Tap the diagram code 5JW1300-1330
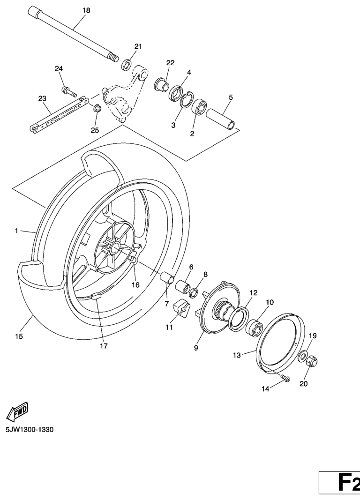[x=30, y=430]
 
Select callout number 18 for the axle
[x=86, y=10]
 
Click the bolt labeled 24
[x=69, y=91]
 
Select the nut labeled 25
[x=97, y=108]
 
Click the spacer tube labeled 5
[x=221, y=119]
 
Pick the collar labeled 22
[x=162, y=85]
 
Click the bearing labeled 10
[x=254, y=327]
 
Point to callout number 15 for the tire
[x=19, y=336]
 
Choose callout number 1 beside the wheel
[x=16, y=231]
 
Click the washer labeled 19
[x=303, y=356]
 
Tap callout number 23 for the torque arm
[x=42, y=98]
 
